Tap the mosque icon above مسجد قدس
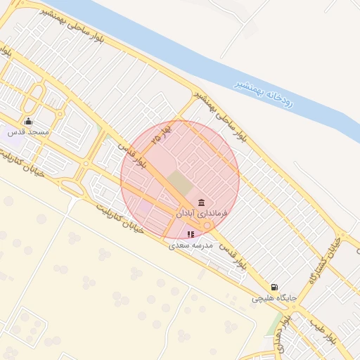pos(28,121)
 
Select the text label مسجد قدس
pos(28,132)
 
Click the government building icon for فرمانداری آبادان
pos(201,202)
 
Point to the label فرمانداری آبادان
pos(202,212)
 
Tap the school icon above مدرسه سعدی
pos(191,234)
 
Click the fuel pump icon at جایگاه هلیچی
pos(274,287)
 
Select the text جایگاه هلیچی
pos(275,298)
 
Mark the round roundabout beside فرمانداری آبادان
pos(208,225)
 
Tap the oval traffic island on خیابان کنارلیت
pos(71,187)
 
